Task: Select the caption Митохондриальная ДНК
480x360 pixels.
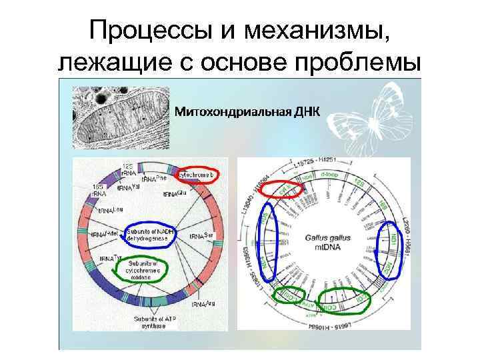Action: coord(247,111)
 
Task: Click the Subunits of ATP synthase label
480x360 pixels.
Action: coord(154,321)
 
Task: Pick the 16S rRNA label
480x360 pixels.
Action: coord(98,190)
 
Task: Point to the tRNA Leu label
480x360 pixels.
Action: coord(112,210)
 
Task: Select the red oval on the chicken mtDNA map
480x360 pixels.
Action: coord(280,189)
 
